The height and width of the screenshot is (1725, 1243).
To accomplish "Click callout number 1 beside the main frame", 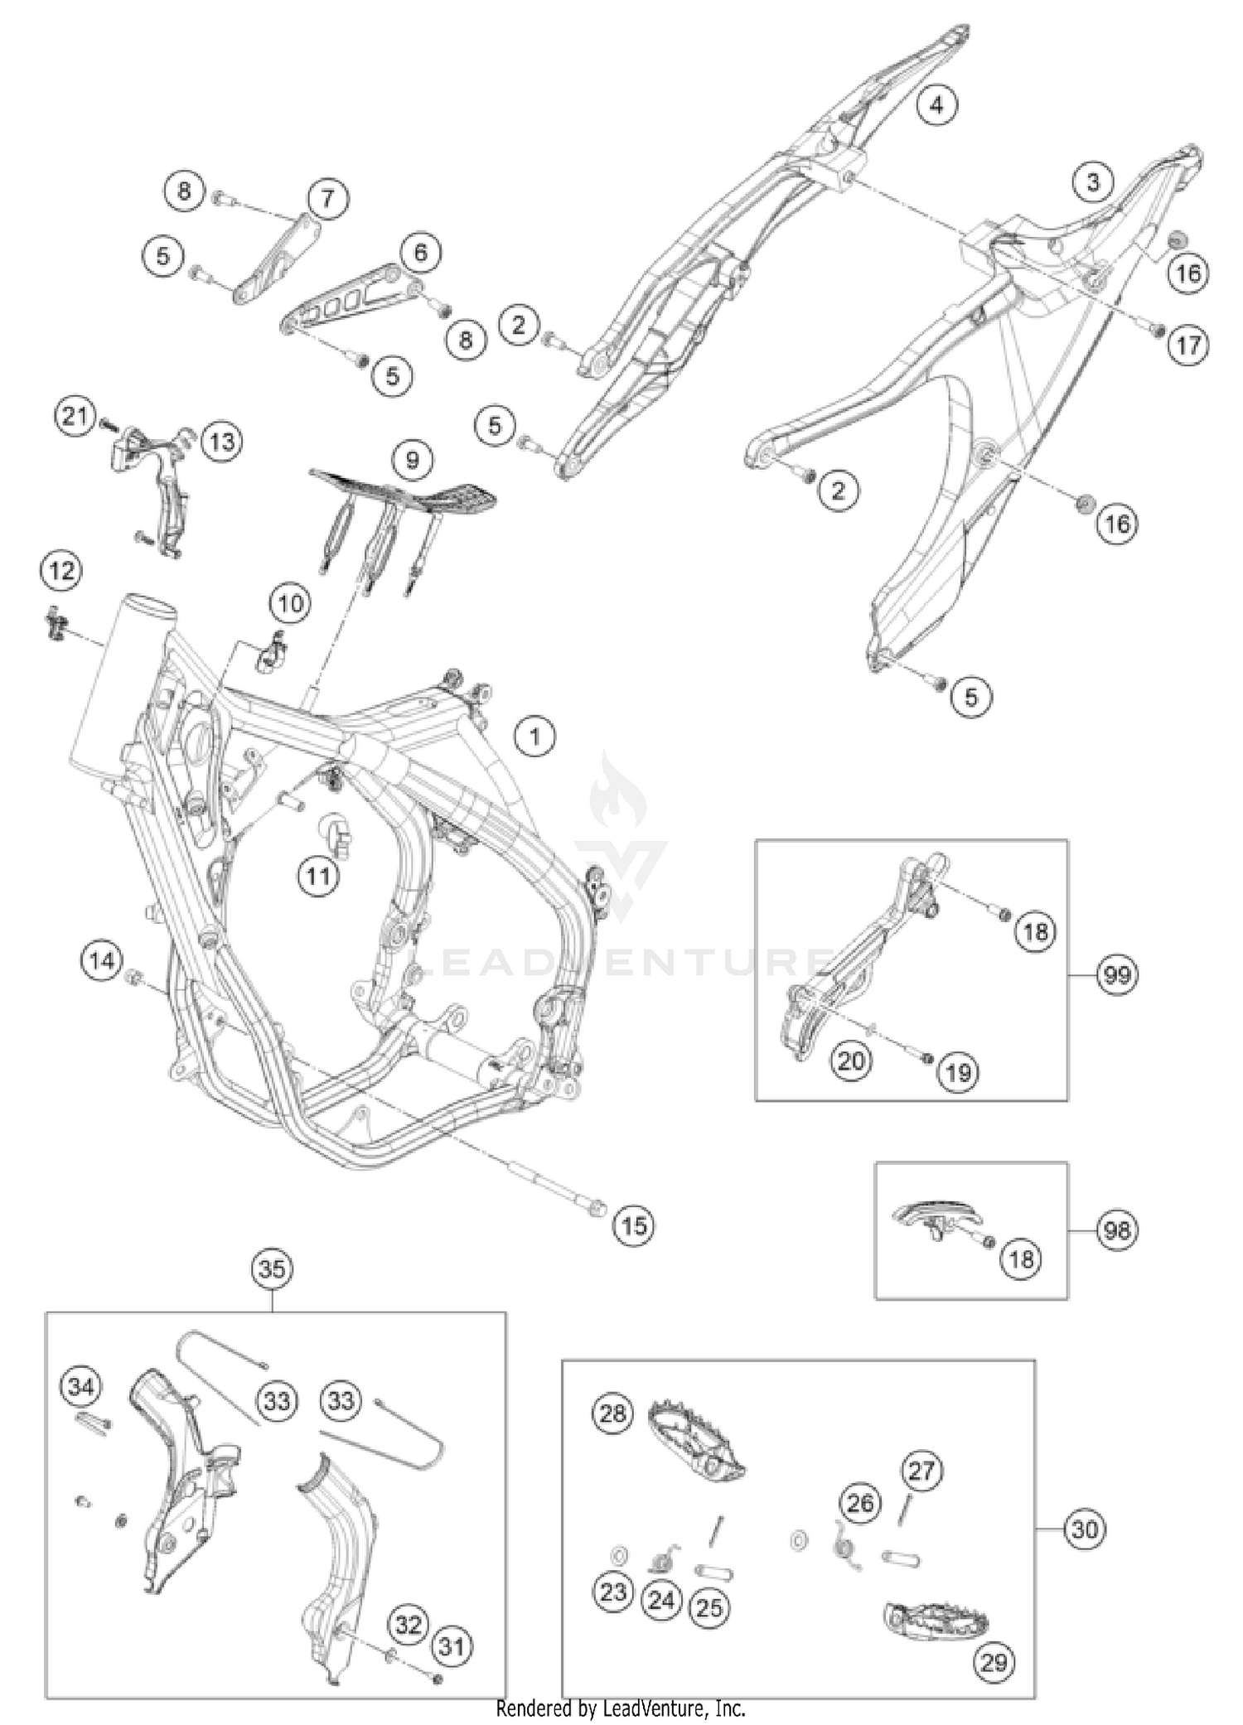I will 534,736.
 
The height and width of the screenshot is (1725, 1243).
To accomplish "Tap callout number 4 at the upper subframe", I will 936,104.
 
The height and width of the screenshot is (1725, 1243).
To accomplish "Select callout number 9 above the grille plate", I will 413,459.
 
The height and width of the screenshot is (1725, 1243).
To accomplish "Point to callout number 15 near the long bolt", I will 634,1225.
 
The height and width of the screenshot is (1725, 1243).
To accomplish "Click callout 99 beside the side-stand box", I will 1117,974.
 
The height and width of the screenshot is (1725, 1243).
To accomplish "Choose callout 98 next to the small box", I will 1117,1230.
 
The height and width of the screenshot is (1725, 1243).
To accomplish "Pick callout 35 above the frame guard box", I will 273,1268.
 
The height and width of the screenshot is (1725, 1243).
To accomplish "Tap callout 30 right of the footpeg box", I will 1084,1529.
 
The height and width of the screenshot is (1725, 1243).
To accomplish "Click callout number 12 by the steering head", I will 62,570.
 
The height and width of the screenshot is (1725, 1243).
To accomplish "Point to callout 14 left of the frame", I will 102,961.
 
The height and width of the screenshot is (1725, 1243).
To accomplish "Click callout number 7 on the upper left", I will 328,199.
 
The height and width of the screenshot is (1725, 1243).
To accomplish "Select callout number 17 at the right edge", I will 1188,345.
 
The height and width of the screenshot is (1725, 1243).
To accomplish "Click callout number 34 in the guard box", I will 80,1386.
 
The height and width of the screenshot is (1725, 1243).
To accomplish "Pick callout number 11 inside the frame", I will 319,876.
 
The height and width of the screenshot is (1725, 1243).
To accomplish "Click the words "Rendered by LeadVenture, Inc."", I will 621,1708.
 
